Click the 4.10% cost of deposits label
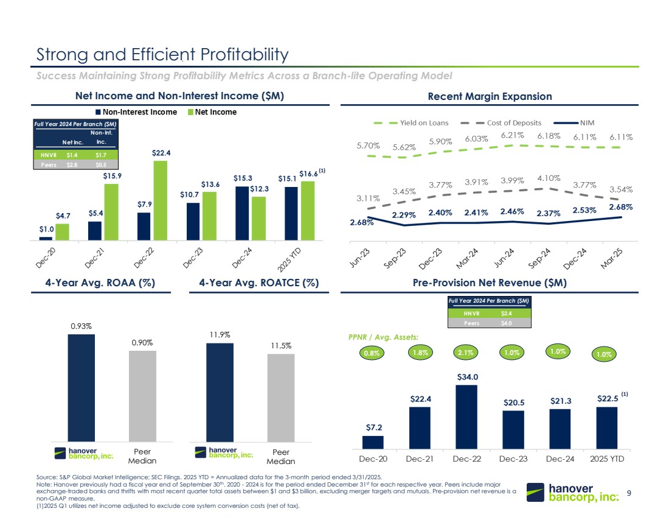(549, 178)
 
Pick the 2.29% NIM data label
(404, 215)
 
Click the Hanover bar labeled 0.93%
(81, 387)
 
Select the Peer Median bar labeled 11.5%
(281, 397)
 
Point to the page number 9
(629, 492)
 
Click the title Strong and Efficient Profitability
(162, 55)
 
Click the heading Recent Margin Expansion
(489, 96)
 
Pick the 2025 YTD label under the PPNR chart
(606, 458)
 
